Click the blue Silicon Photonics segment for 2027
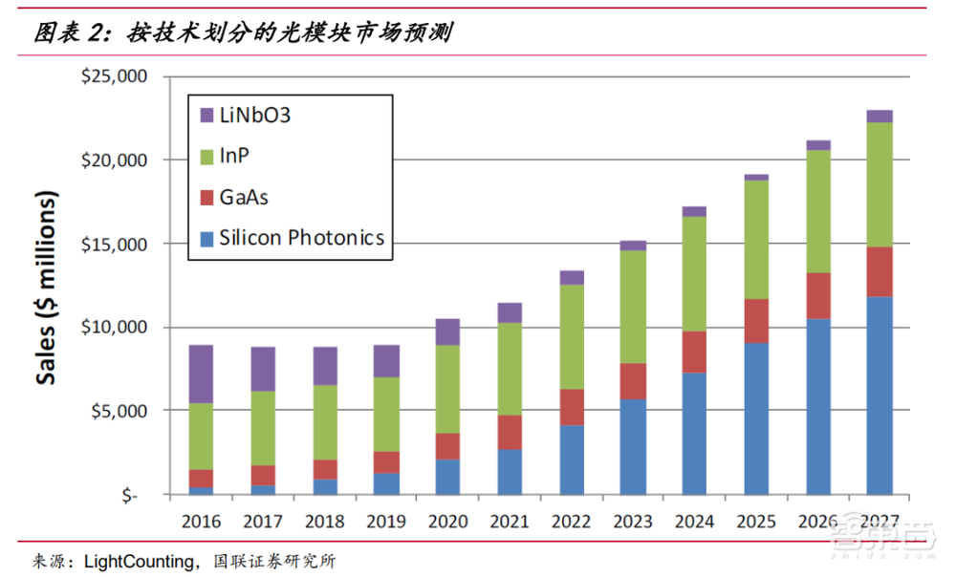click(879, 395)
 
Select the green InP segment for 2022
click(572, 337)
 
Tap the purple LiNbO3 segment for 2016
click(201, 374)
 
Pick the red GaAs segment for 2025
click(755, 321)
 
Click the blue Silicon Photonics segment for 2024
click(694, 434)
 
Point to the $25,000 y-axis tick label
click(116, 76)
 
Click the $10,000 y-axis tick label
click(116, 328)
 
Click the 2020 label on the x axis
click(447, 522)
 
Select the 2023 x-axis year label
click(633, 522)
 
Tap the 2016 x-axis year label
click(201, 522)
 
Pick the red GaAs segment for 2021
click(510, 433)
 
